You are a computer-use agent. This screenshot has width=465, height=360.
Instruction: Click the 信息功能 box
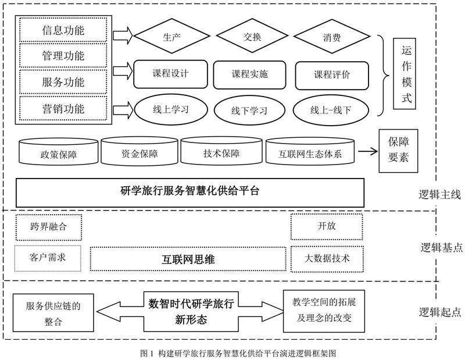[63, 30]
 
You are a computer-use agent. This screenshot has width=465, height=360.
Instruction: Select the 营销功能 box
[63, 109]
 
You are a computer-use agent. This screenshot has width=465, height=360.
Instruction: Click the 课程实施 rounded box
[250, 74]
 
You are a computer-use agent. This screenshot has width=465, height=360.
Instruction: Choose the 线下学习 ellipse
[250, 109]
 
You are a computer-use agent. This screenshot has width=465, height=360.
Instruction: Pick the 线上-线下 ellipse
[331, 109]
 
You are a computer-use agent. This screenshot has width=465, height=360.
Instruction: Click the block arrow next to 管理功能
[122, 73]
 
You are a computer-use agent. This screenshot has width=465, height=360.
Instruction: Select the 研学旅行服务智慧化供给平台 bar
[189, 191]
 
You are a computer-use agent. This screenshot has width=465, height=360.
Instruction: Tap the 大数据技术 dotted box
[327, 258]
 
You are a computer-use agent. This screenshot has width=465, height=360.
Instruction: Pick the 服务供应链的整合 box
[52, 313]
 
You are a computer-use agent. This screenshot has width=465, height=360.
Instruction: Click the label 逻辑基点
[441, 248]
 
